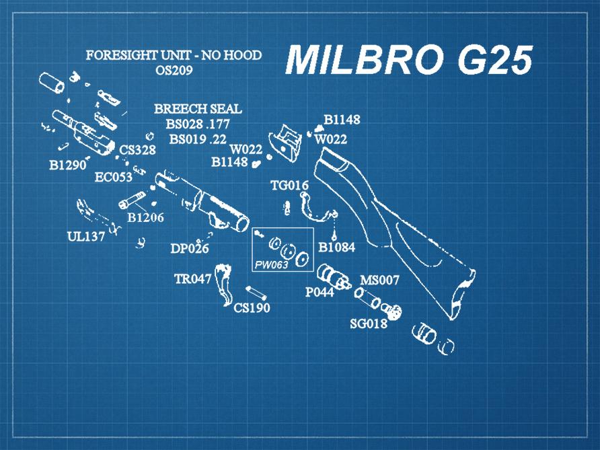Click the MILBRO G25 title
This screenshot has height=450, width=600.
tap(409, 61)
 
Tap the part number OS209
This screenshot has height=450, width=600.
tap(174, 70)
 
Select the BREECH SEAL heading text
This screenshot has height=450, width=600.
tap(198, 109)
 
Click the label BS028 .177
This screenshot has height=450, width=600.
tap(198, 124)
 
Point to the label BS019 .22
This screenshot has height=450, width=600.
tap(198, 139)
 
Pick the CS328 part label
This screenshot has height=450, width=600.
tap(138, 150)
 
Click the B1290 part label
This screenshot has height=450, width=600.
tap(69, 165)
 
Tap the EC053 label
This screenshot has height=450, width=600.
tap(113, 178)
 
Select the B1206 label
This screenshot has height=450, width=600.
tap(145, 218)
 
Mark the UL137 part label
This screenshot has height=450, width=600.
tap(85, 237)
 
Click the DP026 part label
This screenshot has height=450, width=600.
tap(189, 249)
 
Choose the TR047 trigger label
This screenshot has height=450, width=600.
tap(193, 279)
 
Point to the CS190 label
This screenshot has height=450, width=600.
tap(252, 308)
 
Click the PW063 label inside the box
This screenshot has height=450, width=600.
tap(271, 265)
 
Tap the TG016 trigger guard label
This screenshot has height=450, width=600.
tap(289, 186)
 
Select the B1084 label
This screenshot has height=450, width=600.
tap(336, 248)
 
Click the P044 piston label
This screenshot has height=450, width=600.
tap(320, 293)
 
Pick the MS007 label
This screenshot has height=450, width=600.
tap(380, 280)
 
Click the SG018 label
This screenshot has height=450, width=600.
tap(369, 324)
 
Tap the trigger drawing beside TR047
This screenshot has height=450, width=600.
tap(224, 285)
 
